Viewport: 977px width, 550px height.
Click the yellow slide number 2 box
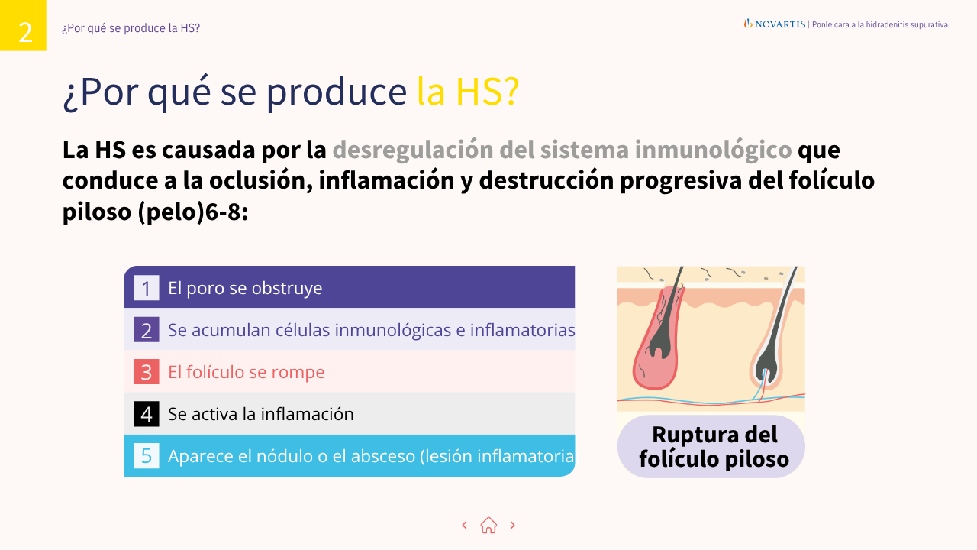point(23,25)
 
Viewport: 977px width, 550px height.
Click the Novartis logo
point(775,24)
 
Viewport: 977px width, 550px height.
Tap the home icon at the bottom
point(488,525)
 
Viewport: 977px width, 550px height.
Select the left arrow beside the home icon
point(464,525)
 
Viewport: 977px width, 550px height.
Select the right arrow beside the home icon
point(512,525)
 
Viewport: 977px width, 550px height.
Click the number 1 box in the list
point(146,288)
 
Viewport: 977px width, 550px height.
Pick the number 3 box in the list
point(146,372)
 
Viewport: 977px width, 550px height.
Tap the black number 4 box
point(146,414)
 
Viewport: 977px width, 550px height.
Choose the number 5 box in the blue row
point(146,456)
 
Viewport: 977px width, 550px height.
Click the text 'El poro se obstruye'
point(245,288)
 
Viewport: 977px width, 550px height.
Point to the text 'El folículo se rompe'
point(247,372)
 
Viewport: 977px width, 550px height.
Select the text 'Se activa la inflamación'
point(261,414)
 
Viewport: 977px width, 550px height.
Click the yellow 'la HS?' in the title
point(468,92)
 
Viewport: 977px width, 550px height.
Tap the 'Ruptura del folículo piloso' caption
point(711,446)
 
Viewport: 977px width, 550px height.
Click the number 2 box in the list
point(146,330)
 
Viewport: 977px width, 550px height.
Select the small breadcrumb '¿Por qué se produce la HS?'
point(131,28)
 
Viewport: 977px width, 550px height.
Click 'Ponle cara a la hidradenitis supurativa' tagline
point(879,24)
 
